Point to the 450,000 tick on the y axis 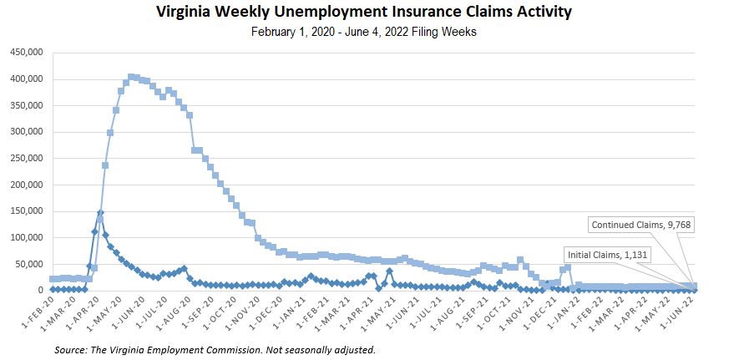[x=25, y=53]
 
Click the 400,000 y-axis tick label [x=25, y=79]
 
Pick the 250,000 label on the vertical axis [x=25, y=159]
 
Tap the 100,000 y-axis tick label [x=25, y=238]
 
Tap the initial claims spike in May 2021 [x=389, y=271]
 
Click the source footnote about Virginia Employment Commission [x=215, y=349]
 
